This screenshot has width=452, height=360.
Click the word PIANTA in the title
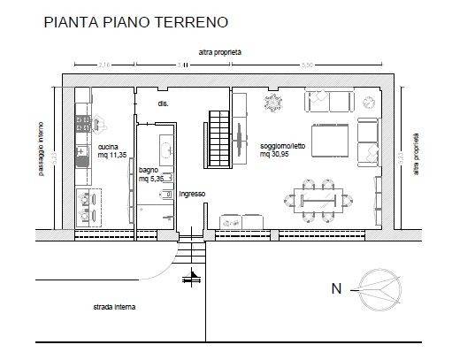pos(72,19)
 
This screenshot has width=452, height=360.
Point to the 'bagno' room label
pos(149,170)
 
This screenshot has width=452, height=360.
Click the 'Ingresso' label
pos(192,193)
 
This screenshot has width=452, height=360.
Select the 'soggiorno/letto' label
pos(283,146)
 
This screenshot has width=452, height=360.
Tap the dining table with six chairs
pos(315,199)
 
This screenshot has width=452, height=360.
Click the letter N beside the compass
pos(335,288)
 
